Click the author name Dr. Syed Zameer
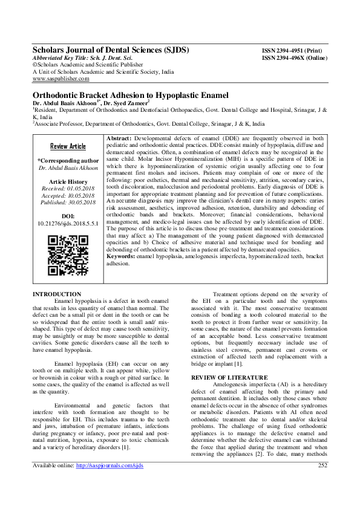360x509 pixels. tap(136, 104)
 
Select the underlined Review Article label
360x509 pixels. tap(68, 147)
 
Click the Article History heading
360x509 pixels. tap(68, 181)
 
